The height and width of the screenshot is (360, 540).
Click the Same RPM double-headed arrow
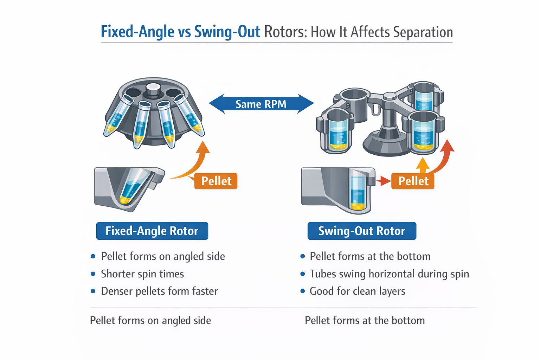(261, 104)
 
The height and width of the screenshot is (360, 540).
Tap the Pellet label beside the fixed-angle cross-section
(216, 181)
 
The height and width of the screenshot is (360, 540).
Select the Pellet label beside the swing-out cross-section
(413, 181)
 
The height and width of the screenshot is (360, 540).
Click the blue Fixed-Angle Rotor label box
(152, 231)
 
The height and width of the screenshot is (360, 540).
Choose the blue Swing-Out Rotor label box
(361, 231)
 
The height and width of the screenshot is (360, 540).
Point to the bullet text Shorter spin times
(142, 274)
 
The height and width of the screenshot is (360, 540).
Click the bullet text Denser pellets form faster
(159, 291)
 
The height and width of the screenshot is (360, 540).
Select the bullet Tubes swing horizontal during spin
(389, 274)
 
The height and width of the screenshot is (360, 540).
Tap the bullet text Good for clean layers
(357, 291)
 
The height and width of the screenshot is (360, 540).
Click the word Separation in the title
(423, 32)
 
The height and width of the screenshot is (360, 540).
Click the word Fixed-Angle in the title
(137, 32)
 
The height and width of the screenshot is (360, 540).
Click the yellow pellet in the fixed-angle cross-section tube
(125, 200)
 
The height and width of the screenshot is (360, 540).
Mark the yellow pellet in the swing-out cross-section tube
(358, 206)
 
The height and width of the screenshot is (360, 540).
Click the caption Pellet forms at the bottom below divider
(365, 320)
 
